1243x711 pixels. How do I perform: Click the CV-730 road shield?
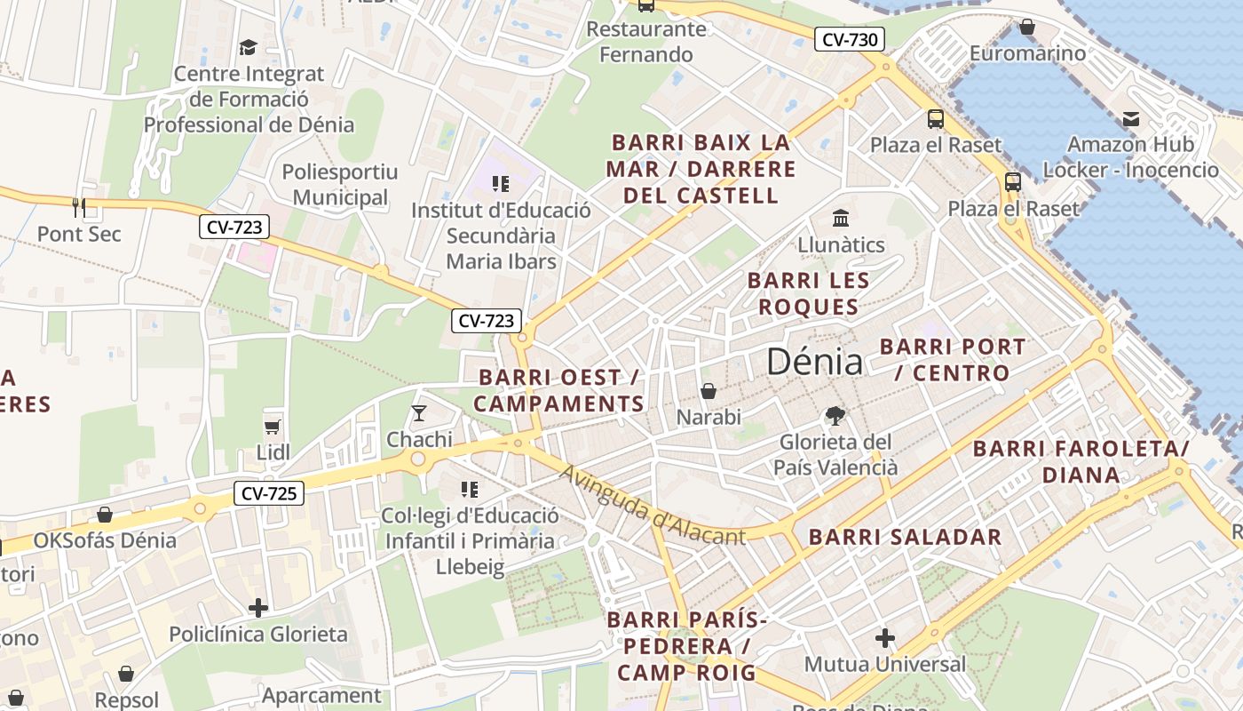pos(850,39)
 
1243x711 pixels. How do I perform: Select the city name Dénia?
pos(813,362)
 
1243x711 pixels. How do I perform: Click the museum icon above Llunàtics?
pos(840,218)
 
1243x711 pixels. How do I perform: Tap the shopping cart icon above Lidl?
pos(273,427)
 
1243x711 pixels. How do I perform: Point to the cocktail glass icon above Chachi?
pos(419,413)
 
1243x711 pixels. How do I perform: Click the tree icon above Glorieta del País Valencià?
pos(835,415)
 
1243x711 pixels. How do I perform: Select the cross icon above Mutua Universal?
pos(884,638)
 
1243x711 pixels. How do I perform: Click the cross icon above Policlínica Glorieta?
pos(258,608)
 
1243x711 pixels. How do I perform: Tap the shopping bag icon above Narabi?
pos(709,391)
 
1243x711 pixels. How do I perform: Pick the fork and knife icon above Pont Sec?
pos(79,208)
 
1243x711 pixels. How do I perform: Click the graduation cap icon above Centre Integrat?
pos(248,47)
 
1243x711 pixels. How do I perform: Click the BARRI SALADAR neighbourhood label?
pos(905,537)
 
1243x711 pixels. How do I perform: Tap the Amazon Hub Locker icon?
pos(1130,118)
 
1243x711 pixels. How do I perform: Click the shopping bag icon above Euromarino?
pos(1027,28)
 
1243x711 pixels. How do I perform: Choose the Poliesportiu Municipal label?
pos(340,185)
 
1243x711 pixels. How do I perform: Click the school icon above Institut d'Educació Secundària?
pos(500,184)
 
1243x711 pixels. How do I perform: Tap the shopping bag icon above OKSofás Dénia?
pos(105,515)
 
